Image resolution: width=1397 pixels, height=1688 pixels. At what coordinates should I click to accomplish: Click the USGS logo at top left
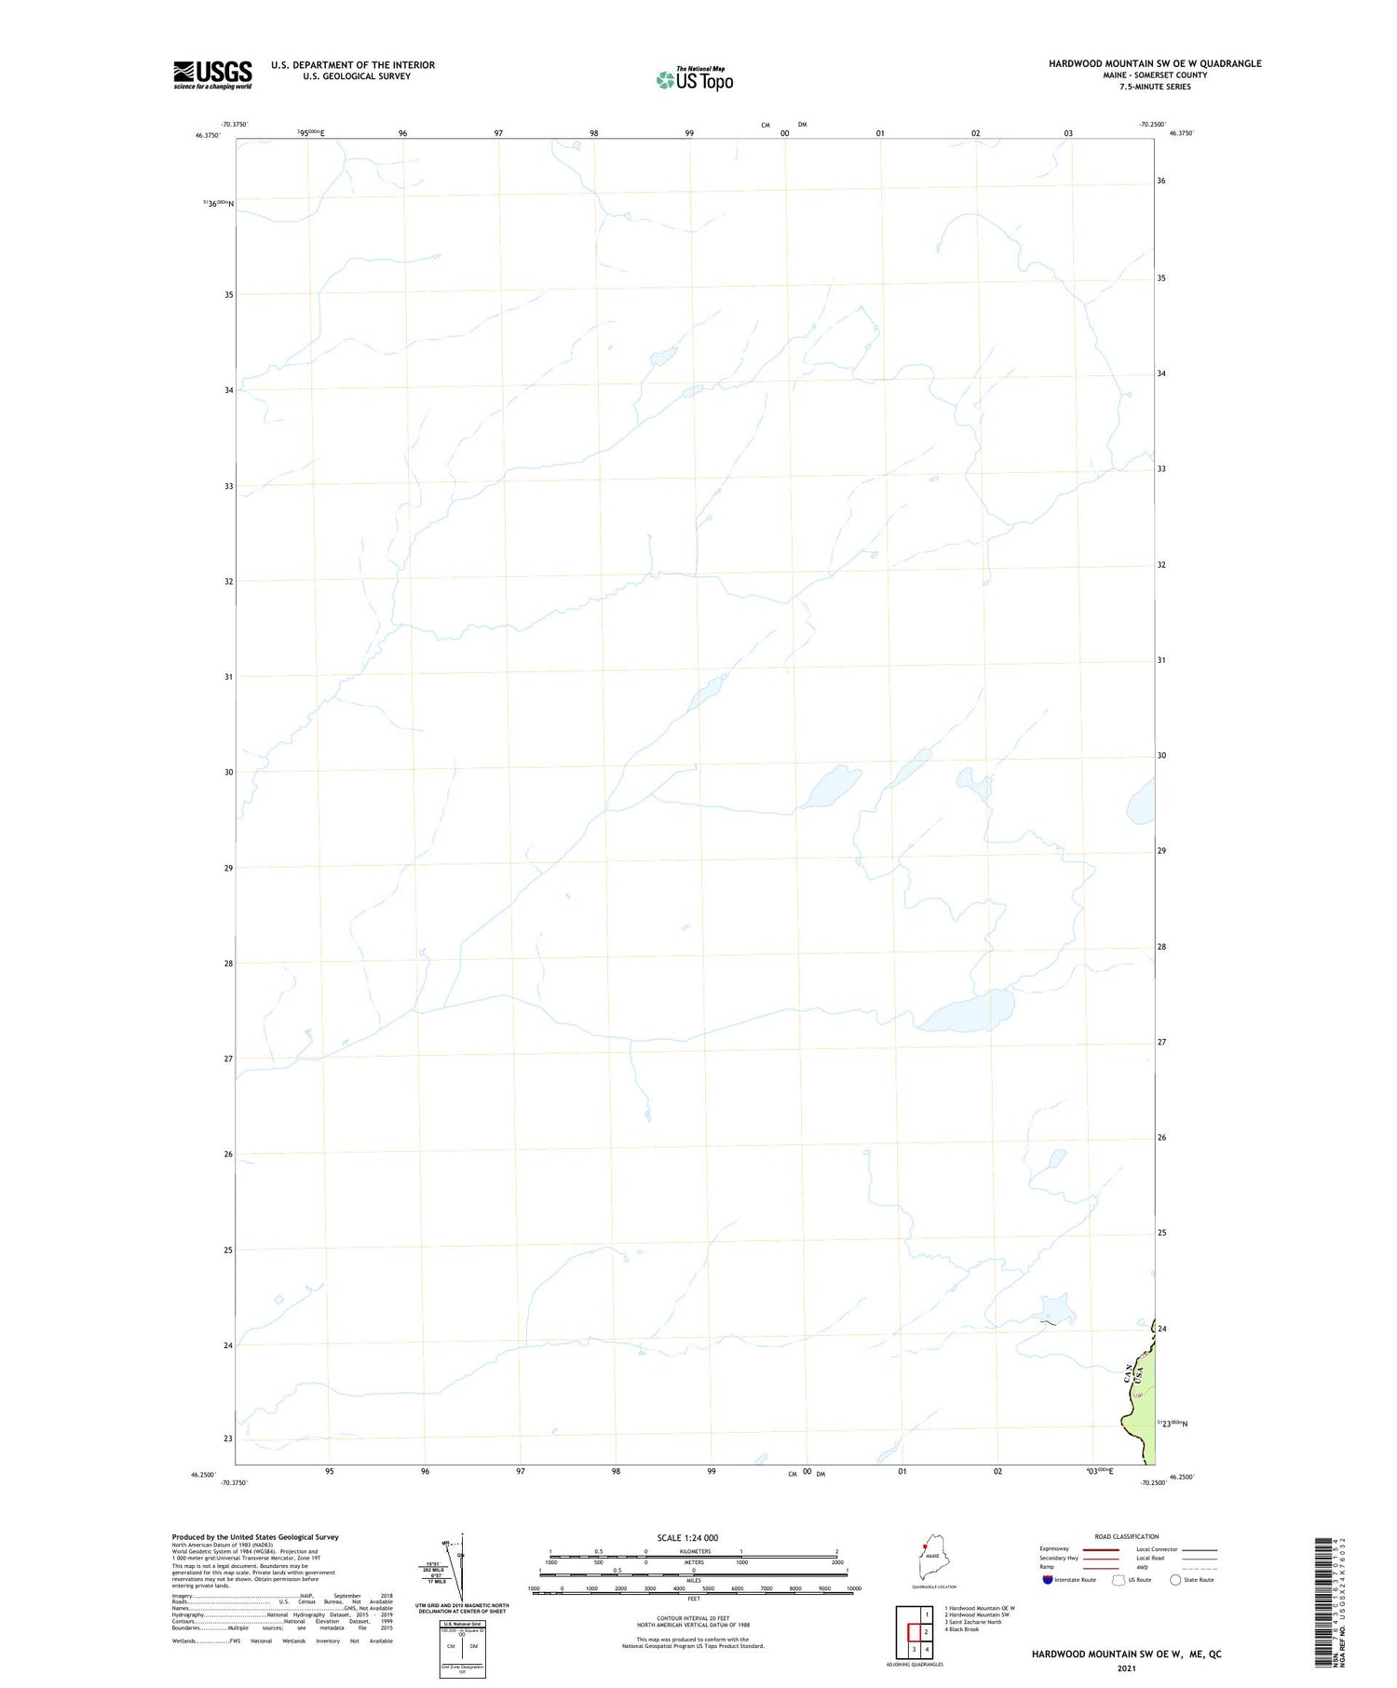[x=212, y=74]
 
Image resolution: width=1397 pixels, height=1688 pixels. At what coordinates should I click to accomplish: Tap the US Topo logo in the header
[x=695, y=80]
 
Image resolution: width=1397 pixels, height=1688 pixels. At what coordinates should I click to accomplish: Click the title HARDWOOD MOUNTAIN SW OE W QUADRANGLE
[x=1155, y=63]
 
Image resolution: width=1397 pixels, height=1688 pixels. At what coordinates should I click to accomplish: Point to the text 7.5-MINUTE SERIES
[x=1155, y=87]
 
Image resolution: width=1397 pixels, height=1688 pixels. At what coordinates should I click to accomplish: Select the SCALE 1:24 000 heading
[x=687, y=1537]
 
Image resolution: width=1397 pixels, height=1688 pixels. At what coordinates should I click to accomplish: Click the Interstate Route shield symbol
[x=1048, y=1579]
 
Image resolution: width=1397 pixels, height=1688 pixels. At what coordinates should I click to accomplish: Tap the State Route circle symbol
[x=1175, y=1579]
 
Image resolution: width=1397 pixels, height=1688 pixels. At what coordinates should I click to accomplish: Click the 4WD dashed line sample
[x=1200, y=1567]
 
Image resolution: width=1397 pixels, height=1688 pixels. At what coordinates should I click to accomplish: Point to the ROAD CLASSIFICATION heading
[x=1126, y=1536]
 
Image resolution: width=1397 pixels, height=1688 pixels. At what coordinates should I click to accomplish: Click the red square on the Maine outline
[x=925, y=1548]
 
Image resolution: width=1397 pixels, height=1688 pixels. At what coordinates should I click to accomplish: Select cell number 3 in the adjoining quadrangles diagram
[x=915, y=1649]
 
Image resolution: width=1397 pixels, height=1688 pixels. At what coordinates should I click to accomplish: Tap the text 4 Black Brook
[x=961, y=1629]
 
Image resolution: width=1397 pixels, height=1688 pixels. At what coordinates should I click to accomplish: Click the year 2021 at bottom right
[x=1126, y=1668]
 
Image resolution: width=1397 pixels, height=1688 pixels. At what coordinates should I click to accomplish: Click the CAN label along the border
[x=1128, y=1371]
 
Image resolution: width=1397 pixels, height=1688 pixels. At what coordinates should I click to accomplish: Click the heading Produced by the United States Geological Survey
[x=255, y=1537]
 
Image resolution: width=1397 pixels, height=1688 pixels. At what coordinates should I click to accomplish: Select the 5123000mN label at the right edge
[x=1173, y=1424]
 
